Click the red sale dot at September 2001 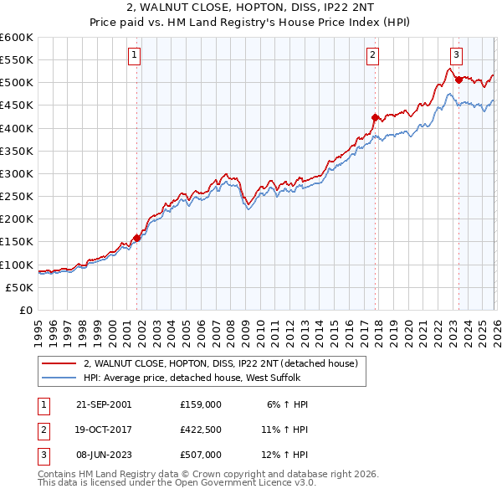(x=137, y=238)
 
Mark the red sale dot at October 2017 (x=375, y=118)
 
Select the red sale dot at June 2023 (x=458, y=80)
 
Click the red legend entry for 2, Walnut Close (x=221, y=363)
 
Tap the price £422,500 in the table (x=201, y=430)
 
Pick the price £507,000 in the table (x=201, y=457)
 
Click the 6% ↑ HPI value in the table (x=288, y=404)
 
